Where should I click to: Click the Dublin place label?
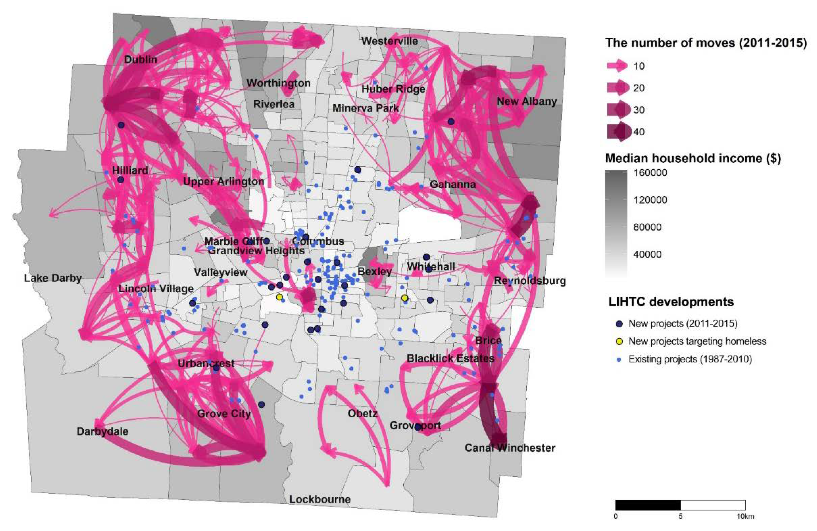(x=141, y=59)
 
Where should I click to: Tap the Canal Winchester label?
(x=510, y=448)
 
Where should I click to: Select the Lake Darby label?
(x=53, y=278)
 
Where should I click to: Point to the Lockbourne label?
(x=320, y=499)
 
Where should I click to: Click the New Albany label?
(x=527, y=101)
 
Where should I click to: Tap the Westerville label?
(x=390, y=41)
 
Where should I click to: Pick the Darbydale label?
(x=102, y=432)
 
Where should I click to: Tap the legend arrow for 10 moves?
(x=617, y=66)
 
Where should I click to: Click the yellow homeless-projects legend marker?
(x=620, y=341)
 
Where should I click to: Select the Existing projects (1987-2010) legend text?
(x=690, y=359)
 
